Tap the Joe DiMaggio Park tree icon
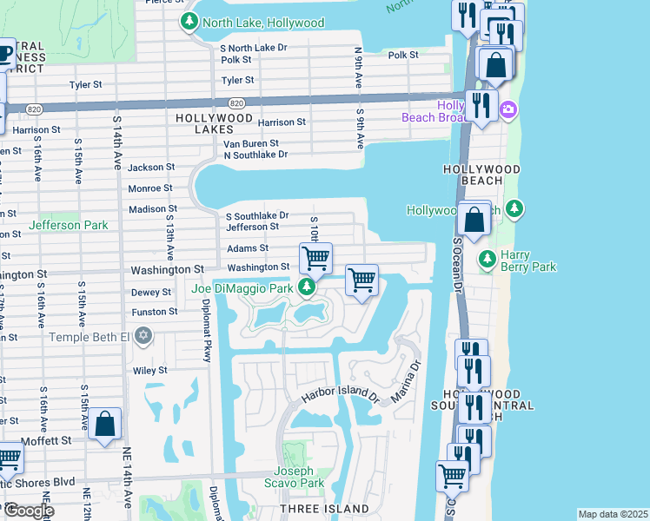coord(306,287)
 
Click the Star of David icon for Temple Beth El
coord(144,336)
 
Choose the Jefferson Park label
coord(69,225)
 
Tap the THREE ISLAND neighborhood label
coord(325,508)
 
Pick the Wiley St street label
coord(149,371)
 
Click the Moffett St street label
coord(47,440)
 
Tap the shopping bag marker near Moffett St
coord(105,425)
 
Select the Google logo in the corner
coord(28,511)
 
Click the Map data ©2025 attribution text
coord(612,514)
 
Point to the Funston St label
coord(154,312)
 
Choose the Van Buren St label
coord(250,143)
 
